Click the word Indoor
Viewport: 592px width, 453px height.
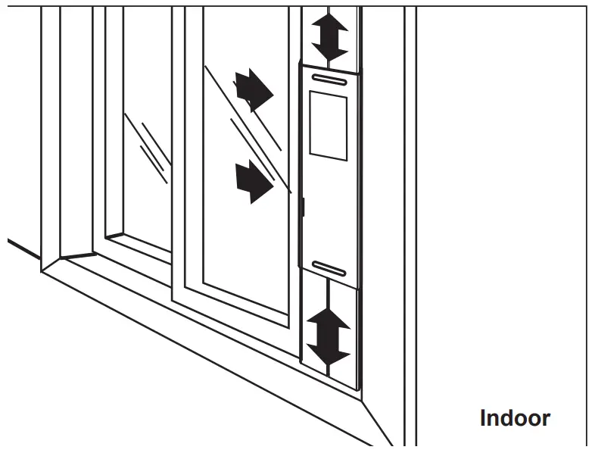pos(515,417)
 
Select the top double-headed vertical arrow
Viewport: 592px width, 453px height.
pos(330,36)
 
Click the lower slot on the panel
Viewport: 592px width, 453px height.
pos(329,268)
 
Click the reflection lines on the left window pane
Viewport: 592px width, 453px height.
pos(148,148)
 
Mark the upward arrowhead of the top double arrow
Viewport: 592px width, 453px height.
pos(330,20)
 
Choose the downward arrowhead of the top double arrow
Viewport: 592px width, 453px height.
pos(330,53)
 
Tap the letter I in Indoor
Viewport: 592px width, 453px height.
pos(484,417)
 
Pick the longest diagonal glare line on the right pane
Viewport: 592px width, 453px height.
pos(246,129)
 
